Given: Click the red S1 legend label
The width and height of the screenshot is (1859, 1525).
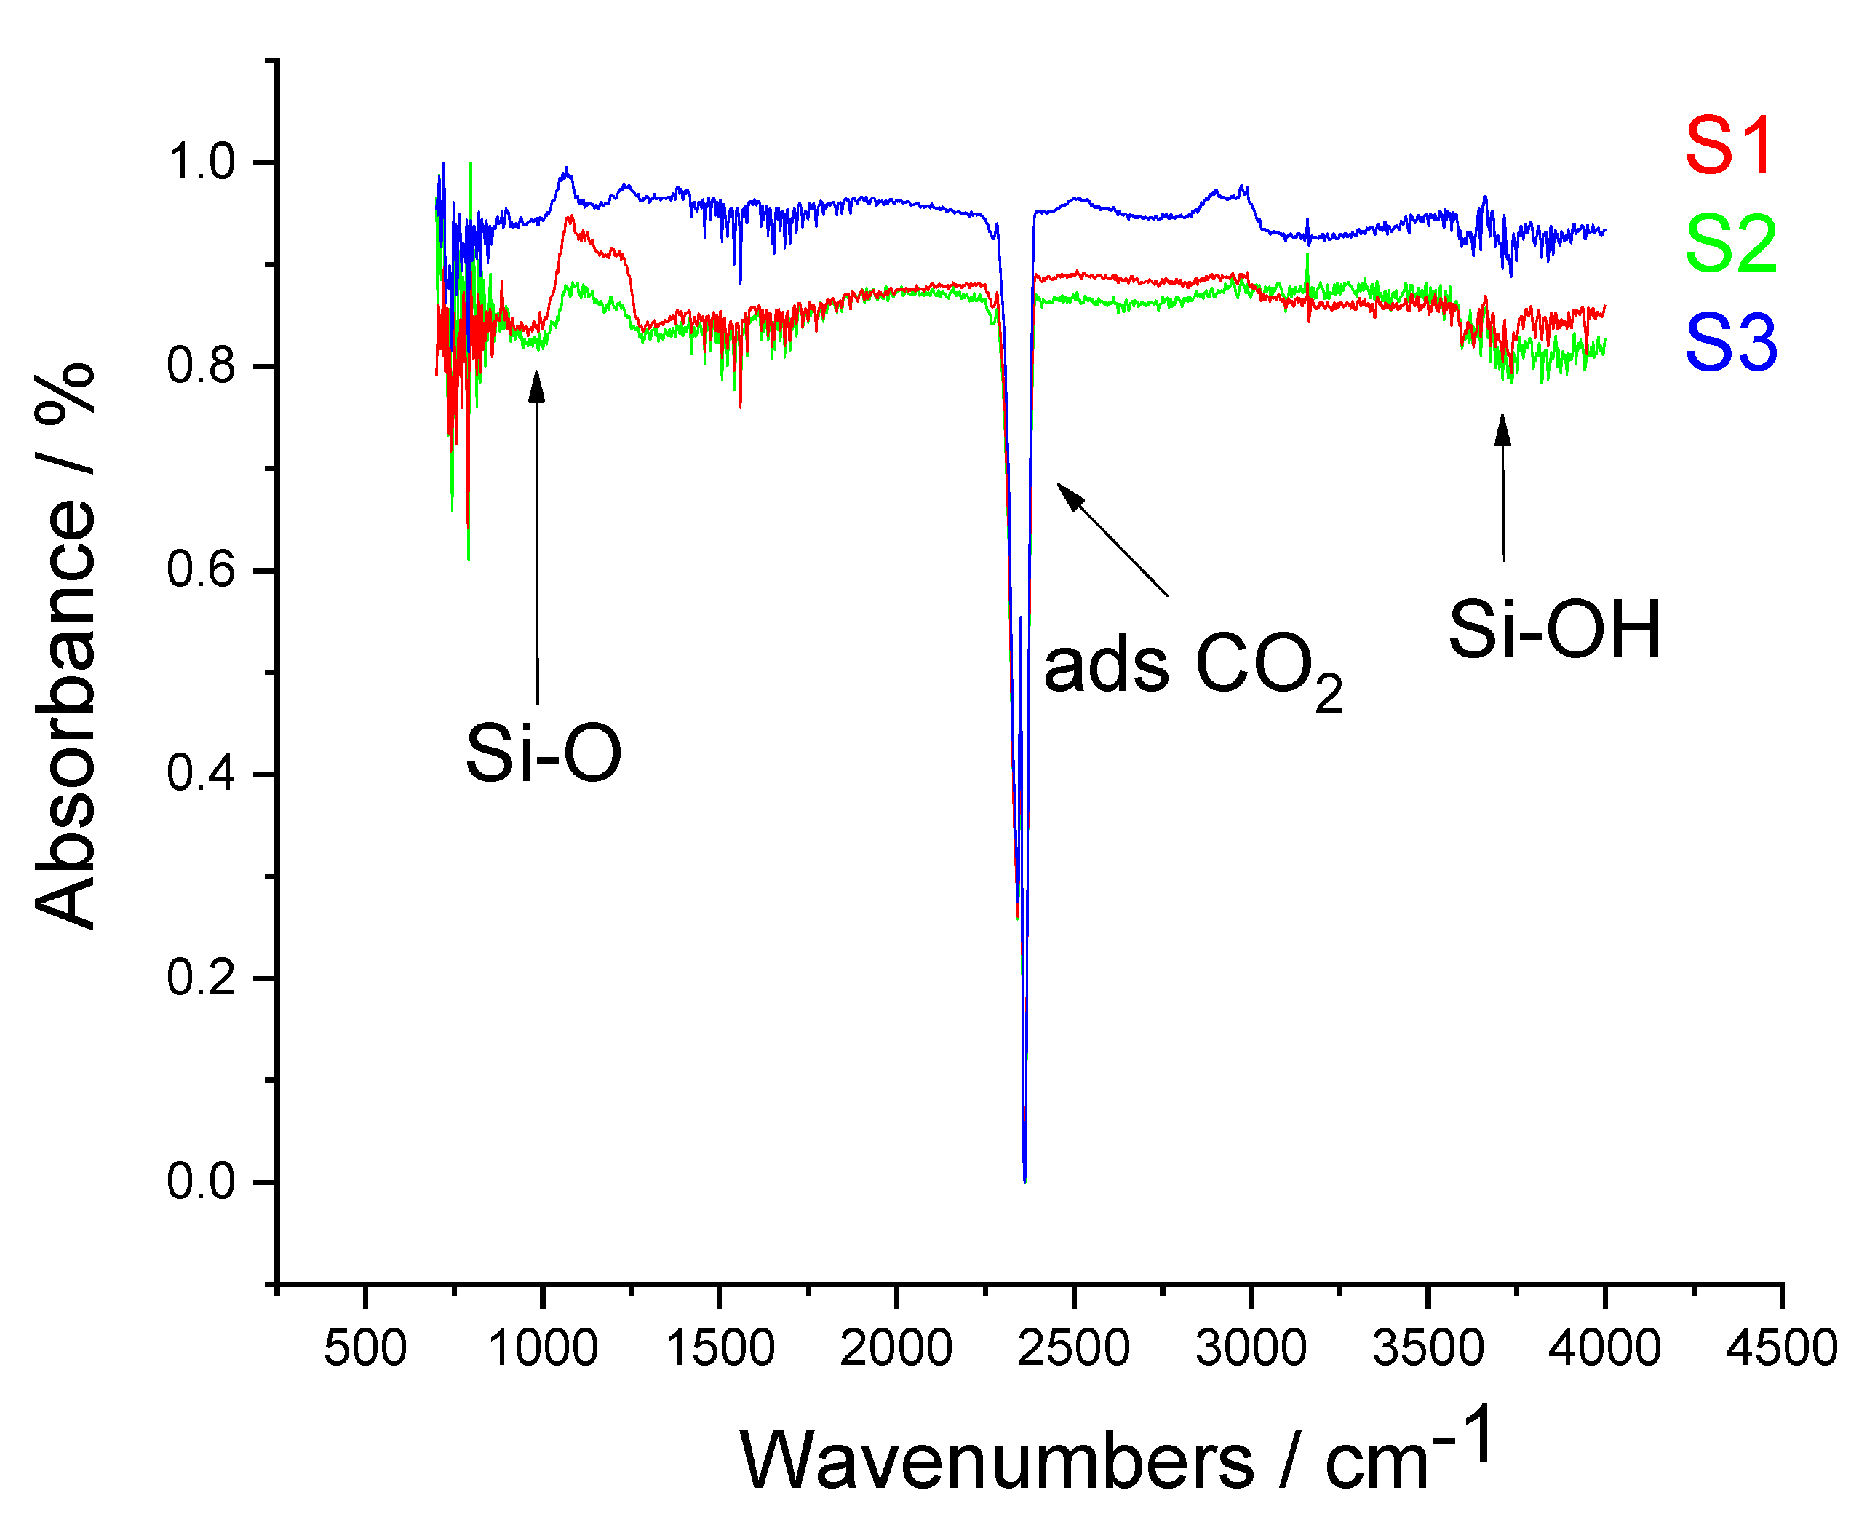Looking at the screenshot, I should [1728, 147].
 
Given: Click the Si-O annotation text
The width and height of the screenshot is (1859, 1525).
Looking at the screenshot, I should [543, 753].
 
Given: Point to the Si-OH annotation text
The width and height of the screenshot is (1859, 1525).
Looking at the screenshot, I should [1553, 630].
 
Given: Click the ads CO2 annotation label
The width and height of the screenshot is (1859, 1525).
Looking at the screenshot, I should [1192, 670].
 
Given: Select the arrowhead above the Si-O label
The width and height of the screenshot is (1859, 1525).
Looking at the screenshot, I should [536, 385].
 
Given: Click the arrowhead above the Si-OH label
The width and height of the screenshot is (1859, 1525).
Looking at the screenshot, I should [1502, 429].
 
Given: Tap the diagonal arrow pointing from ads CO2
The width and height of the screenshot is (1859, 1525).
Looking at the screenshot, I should [1112, 539].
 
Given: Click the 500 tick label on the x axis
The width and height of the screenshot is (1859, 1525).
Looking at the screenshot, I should [365, 1348].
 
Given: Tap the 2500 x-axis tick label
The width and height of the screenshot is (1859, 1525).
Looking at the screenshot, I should [1073, 1348].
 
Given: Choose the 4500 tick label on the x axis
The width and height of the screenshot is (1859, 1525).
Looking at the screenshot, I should [1781, 1348].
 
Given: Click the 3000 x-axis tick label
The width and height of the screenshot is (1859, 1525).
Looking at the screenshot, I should [1251, 1348].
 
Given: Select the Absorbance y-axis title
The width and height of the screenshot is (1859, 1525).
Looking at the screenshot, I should [66, 646].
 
